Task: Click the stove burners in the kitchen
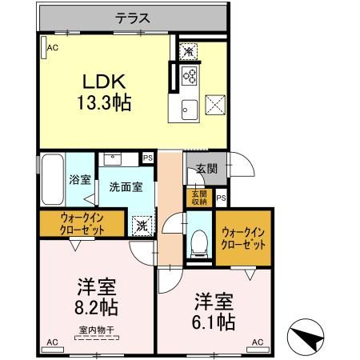coord(190,77)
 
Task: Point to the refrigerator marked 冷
coord(188,51)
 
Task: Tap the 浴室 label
coord(80,179)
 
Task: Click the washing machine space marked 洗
coord(141,225)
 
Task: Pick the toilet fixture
coord(198,243)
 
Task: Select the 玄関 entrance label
coord(206,169)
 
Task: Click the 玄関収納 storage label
coord(199,198)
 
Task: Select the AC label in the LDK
coord(52,49)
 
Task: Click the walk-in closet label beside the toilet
coord(243,238)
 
